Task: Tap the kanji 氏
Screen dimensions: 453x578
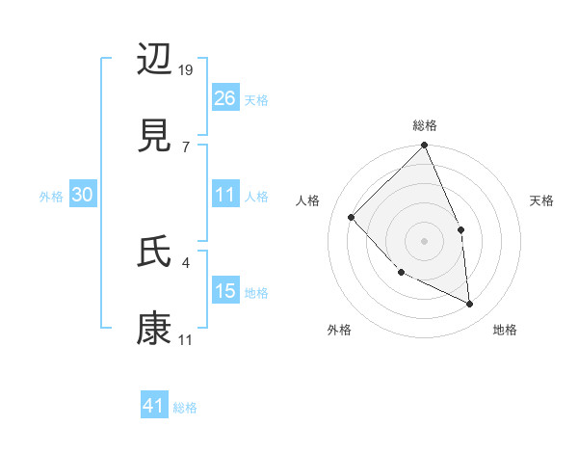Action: point(155,252)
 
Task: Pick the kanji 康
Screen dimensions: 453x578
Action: point(155,327)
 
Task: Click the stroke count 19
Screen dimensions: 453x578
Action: point(187,70)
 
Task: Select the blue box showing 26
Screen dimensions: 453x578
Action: point(225,97)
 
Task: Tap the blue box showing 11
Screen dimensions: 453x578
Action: point(225,195)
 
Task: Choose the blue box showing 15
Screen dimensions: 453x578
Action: point(225,291)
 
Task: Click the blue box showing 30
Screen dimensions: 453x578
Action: point(83,195)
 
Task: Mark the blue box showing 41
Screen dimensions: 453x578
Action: point(154,406)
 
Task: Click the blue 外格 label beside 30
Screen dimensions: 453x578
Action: point(51,197)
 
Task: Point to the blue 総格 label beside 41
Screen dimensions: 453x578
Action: point(185,408)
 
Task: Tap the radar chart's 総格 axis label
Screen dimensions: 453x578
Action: point(425,125)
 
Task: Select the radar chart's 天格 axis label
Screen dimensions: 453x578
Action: point(542,200)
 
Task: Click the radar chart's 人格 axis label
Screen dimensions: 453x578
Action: point(307,200)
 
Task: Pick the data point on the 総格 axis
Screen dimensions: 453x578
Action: point(425,147)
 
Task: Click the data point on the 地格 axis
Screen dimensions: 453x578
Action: point(470,304)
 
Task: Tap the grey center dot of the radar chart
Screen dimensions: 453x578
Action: point(425,240)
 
